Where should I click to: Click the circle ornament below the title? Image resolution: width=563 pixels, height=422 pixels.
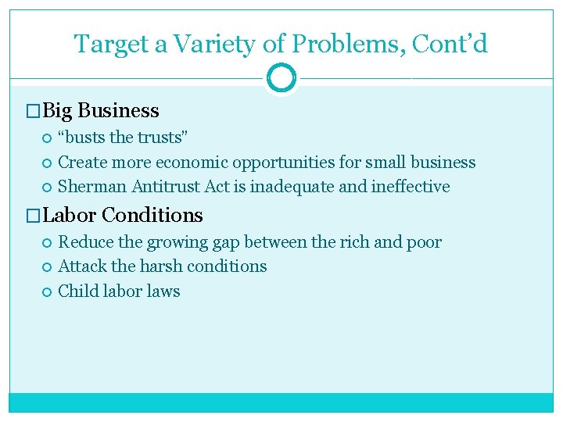click(x=281, y=78)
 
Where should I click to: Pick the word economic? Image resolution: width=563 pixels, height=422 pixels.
click(x=188, y=163)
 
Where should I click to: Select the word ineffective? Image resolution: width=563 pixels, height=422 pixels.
click(x=413, y=187)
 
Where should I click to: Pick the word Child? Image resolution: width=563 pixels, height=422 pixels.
click(x=77, y=291)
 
